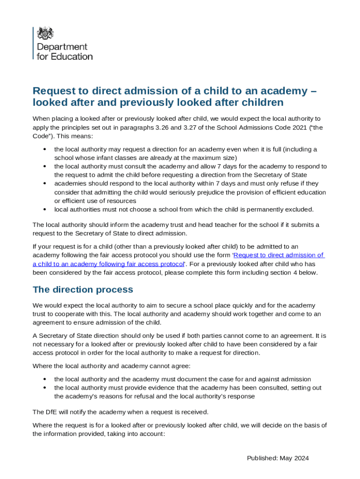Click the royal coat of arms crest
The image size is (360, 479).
[45, 33]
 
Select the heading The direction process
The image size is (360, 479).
[83, 290]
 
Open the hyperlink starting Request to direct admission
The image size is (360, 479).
[279, 255]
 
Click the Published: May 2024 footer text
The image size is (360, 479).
[278, 458]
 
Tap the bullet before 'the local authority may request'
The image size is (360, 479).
[44, 150]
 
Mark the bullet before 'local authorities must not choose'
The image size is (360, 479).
[44, 210]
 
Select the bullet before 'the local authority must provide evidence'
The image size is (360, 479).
[44, 388]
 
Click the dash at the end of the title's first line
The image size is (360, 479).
[313, 91]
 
